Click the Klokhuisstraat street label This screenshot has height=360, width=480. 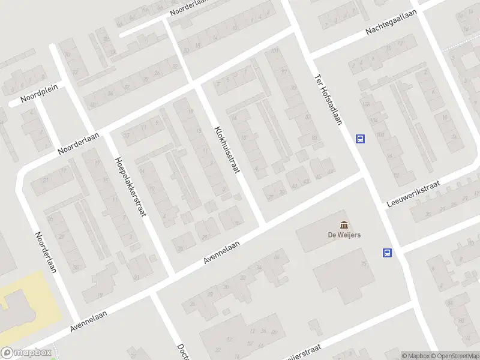pos(227,149)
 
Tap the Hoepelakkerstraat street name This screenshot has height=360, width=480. pos(130,186)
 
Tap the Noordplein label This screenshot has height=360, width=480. pos(39,93)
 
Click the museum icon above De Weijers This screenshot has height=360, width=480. pos(344,225)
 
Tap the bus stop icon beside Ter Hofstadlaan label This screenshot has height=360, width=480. pos(360,139)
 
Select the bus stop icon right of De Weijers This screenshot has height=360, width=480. pos(388,253)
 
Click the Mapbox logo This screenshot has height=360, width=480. pos(26,353)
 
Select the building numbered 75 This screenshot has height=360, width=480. pos(364,265)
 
